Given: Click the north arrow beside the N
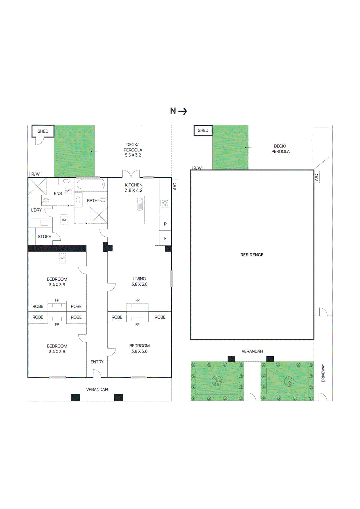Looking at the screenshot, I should (183, 111).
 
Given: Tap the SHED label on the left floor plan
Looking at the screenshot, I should (43, 131).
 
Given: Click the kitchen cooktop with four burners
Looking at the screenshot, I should (165, 203).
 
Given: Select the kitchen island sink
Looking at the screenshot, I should (140, 204).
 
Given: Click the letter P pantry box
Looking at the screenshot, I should (165, 224).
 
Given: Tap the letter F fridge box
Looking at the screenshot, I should (165, 238).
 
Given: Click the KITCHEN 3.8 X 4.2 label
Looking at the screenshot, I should (134, 188).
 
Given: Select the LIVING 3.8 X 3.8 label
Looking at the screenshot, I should (139, 282).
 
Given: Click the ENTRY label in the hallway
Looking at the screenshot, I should (97, 362).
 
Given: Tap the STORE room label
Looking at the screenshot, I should (44, 237).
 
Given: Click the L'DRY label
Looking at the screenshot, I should (36, 210).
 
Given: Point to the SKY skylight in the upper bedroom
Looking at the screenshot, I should (62, 258).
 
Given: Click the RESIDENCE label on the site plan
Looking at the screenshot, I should (252, 255).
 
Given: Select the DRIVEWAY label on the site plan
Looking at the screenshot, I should (323, 373).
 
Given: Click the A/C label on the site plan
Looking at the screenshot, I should (316, 177).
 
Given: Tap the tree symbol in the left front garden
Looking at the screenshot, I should (217, 381).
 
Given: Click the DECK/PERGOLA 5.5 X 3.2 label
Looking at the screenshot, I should (133, 150).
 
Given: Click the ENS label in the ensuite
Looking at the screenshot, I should (58, 193).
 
